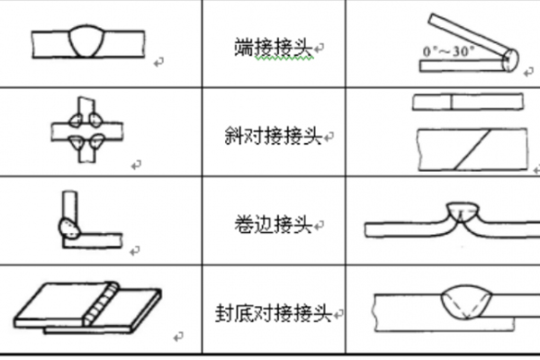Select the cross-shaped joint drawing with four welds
85,130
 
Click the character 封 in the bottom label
225,315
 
